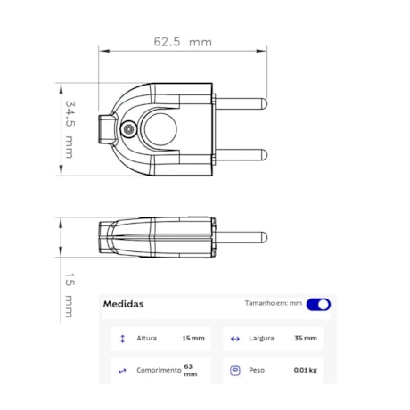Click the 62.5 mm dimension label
pos(183,42)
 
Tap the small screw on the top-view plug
pos(130,129)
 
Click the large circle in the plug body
pos(161,128)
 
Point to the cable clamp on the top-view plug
pos(109,129)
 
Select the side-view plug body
pos(156,238)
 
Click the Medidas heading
pos(123,304)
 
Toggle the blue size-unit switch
pos(318,304)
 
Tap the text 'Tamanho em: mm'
pos(274,304)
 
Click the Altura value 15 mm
pos(193,339)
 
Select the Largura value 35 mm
pos(305,339)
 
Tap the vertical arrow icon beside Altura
pos(122,339)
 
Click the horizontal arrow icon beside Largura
pos(235,339)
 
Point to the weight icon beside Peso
pos(235,370)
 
